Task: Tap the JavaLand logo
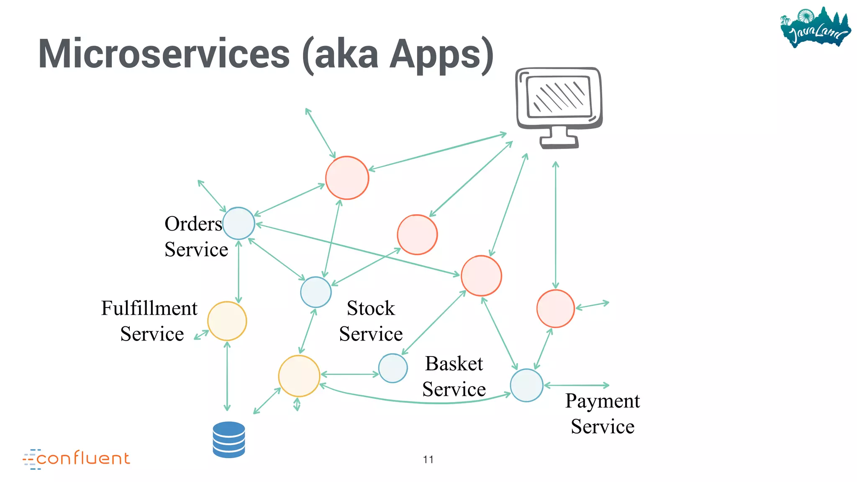pos(815,28)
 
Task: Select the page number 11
pos(428,459)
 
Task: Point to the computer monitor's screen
pos(558,97)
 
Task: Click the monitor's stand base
pos(559,144)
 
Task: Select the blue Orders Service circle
pos(239,223)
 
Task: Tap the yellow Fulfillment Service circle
pos(227,321)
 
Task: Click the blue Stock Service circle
pos(316,292)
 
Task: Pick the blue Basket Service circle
pos(393,368)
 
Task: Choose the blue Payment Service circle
pos(526,385)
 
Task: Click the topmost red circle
pos(347,178)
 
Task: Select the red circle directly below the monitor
pos(555,308)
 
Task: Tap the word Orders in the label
pos(193,224)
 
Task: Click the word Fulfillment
pos(149,308)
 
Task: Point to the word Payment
pos(602,401)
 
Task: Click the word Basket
pos(454,364)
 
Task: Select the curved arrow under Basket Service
pos(418,401)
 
